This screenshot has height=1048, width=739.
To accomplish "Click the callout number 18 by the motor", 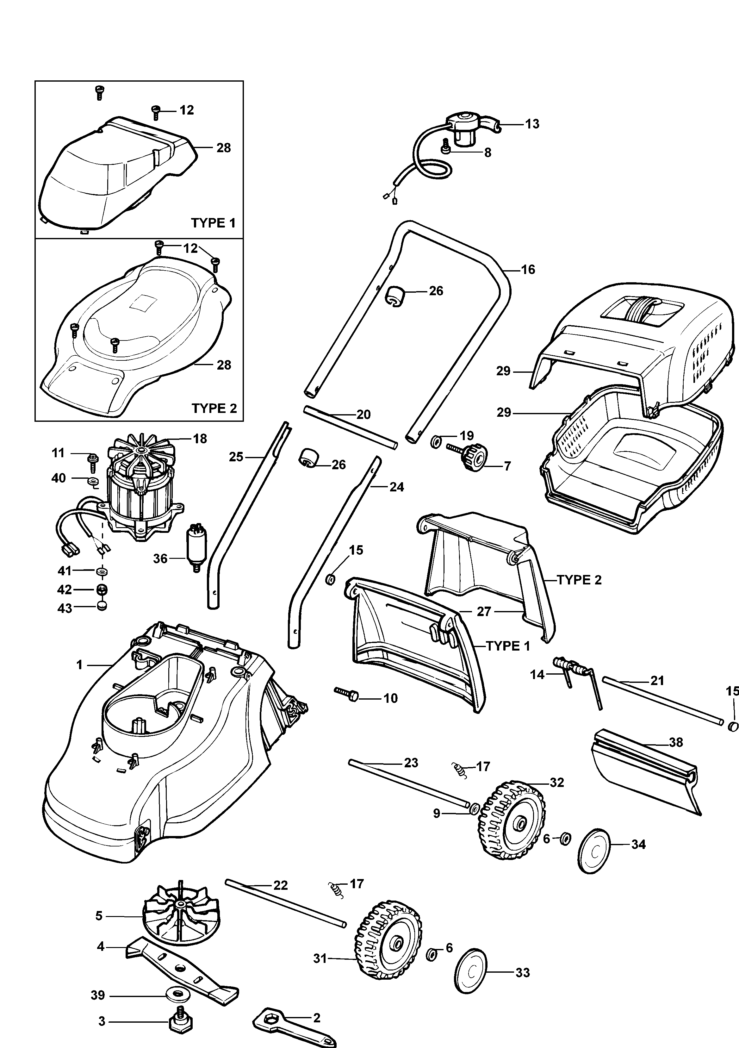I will pyautogui.click(x=200, y=439).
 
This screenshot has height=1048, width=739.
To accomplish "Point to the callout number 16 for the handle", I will pyautogui.click(x=528, y=270).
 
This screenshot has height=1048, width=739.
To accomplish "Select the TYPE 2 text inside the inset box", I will pyautogui.click(x=214, y=408).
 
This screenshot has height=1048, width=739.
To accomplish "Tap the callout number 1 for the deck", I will pyautogui.click(x=79, y=665).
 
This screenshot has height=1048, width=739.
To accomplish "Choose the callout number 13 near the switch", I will pyautogui.click(x=532, y=124).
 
